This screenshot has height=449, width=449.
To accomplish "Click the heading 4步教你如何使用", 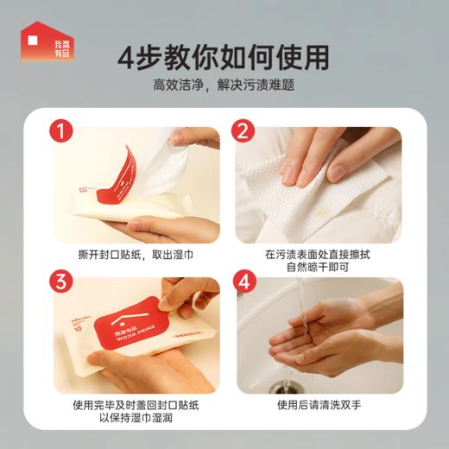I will click(224, 57).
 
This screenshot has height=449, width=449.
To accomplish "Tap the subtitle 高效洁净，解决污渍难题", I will click(224, 86).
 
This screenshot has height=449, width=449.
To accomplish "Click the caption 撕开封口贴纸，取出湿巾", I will click(136, 256).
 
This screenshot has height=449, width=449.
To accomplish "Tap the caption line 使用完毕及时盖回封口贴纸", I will click(136, 406).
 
